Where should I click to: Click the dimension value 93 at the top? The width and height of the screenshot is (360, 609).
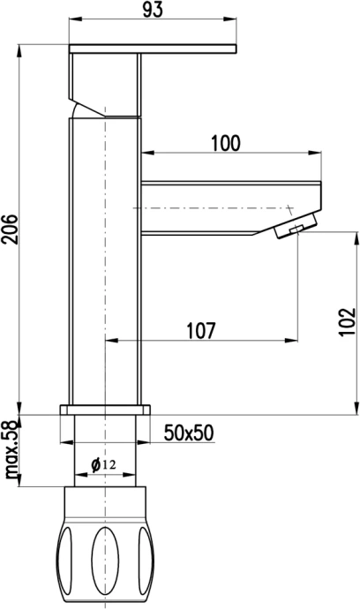click(x=153, y=10)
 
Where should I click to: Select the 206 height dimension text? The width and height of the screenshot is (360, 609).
click(x=10, y=229)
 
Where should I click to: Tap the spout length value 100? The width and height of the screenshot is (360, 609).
click(x=226, y=143)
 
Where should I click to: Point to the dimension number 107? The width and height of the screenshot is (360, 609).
click(x=200, y=330)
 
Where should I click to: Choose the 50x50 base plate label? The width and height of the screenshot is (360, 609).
click(x=189, y=432)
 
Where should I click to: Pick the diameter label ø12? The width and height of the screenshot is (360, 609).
click(x=103, y=464)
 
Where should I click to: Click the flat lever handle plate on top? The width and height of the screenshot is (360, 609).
click(x=153, y=49)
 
